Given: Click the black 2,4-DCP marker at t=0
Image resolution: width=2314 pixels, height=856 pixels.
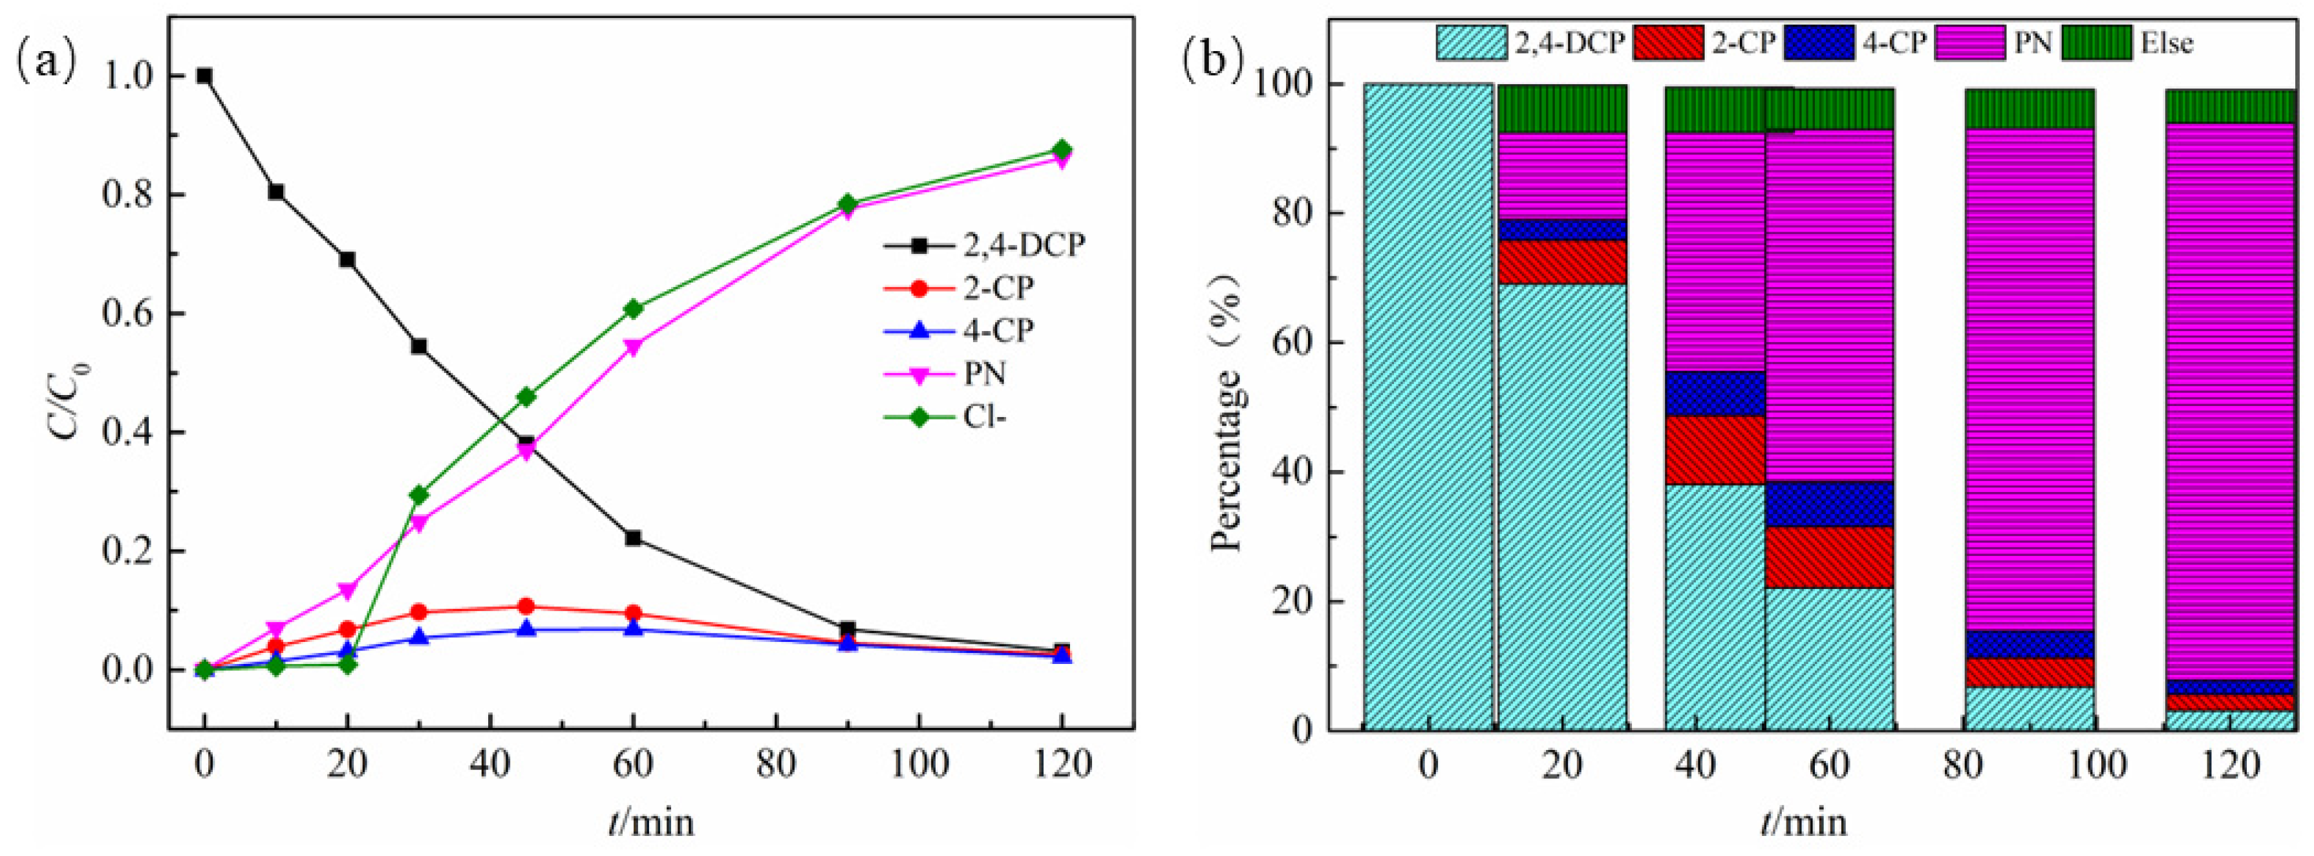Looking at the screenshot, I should (205, 76).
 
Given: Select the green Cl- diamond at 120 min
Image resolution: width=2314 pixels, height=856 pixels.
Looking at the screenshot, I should (1062, 149).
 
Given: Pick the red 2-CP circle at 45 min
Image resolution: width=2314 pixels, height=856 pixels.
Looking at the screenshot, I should (526, 606).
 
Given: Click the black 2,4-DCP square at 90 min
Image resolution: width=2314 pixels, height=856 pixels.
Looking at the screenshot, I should (847, 629).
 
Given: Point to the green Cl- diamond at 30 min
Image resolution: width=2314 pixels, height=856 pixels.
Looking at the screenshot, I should (418, 495).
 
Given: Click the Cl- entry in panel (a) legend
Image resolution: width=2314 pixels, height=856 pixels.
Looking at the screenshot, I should (983, 417).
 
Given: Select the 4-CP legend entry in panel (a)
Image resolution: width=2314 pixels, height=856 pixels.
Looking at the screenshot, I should (997, 330).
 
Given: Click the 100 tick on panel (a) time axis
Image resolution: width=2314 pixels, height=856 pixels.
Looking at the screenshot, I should (919, 764).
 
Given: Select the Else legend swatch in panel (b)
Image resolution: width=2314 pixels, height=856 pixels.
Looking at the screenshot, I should (2095, 42).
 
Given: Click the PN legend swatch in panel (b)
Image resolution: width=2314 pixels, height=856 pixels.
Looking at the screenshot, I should (1969, 42).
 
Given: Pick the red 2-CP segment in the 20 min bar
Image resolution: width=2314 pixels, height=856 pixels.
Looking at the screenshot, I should (1562, 261).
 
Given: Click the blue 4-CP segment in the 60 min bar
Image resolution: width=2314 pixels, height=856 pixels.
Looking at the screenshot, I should (1829, 504).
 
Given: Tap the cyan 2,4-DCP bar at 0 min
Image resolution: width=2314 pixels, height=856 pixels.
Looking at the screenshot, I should (1428, 404).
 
